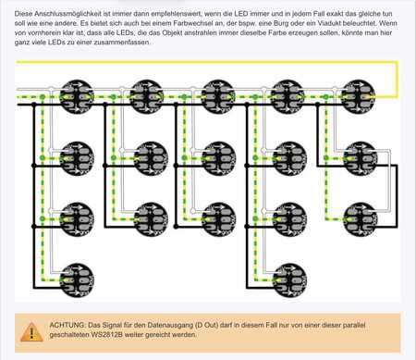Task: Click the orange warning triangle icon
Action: [x=31, y=332]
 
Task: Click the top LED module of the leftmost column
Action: [x=76, y=97]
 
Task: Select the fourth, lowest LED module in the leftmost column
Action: [x=77, y=280]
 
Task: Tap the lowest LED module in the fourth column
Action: [x=289, y=280]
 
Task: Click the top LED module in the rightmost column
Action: [x=358, y=97]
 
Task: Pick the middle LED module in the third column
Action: [x=219, y=158]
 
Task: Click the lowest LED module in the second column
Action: [x=151, y=219]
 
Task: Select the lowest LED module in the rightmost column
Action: [x=361, y=219]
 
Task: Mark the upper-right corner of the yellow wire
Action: [x=398, y=62]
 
